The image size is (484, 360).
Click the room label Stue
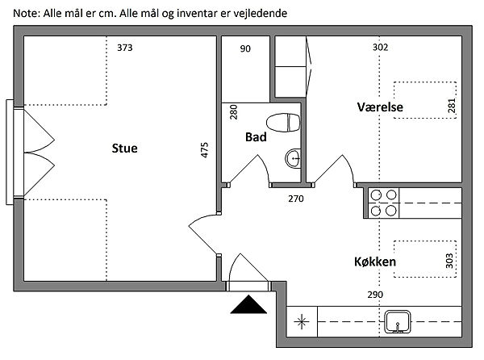point(124,149)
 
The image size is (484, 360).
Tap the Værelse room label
point(381,107)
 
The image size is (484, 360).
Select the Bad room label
point(256,137)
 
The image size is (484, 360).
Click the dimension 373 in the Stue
point(124,48)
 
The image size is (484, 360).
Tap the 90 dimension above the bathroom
point(245,48)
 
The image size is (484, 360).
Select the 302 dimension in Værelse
point(380,48)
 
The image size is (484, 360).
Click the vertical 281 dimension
point(451,107)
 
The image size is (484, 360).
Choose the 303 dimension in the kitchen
point(449,262)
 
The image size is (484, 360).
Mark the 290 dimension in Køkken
point(375,295)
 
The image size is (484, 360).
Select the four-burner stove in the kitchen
point(382,203)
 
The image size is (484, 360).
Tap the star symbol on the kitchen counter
point(302,323)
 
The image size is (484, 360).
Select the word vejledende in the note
point(258,14)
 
